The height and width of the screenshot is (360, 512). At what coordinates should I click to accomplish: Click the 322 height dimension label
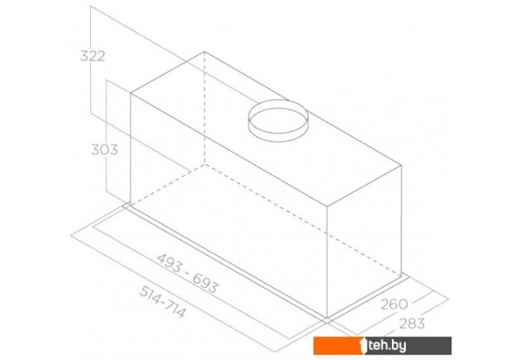pos(92,57)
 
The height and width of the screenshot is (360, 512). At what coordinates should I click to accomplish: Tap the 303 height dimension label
pos(105,150)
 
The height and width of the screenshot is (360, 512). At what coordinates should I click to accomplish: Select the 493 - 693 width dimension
pos(187,274)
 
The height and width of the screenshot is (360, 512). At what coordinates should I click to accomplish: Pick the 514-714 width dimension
pos(163,301)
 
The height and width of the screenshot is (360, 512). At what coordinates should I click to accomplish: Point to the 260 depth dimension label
pos(394,304)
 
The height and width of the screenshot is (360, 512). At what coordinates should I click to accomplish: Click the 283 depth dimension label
pos(412,323)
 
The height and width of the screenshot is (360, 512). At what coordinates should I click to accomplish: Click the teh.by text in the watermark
pos(387,345)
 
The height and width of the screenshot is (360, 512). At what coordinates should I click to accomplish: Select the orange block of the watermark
pos(335,345)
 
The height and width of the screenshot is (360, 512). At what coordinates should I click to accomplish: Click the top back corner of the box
pos(204,52)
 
